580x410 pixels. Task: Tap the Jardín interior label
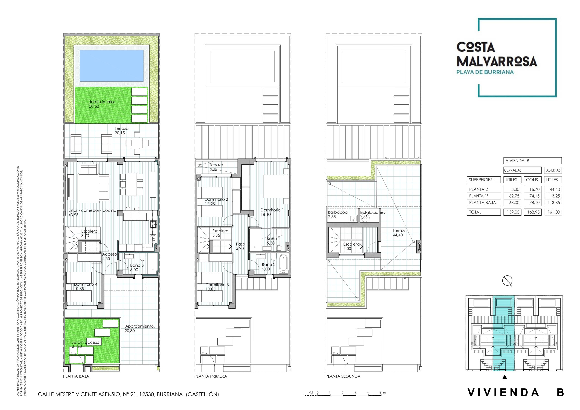click(102, 102)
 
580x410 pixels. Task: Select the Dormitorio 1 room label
click(272, 210)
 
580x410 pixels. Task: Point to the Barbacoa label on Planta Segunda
click(338, 212)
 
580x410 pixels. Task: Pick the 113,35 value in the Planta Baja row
click(553, 203)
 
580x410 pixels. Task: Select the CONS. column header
click(532, 180)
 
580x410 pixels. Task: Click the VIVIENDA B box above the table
click(532, 161)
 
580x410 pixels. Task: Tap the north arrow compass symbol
click(507, 281)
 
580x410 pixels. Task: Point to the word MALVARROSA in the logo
click(497, 62)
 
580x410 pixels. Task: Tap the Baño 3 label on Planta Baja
click(137, 265)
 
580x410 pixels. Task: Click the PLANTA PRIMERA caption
click(210, 376)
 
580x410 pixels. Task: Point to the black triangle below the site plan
click(505, 377)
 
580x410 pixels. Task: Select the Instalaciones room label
click(372, 212)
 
